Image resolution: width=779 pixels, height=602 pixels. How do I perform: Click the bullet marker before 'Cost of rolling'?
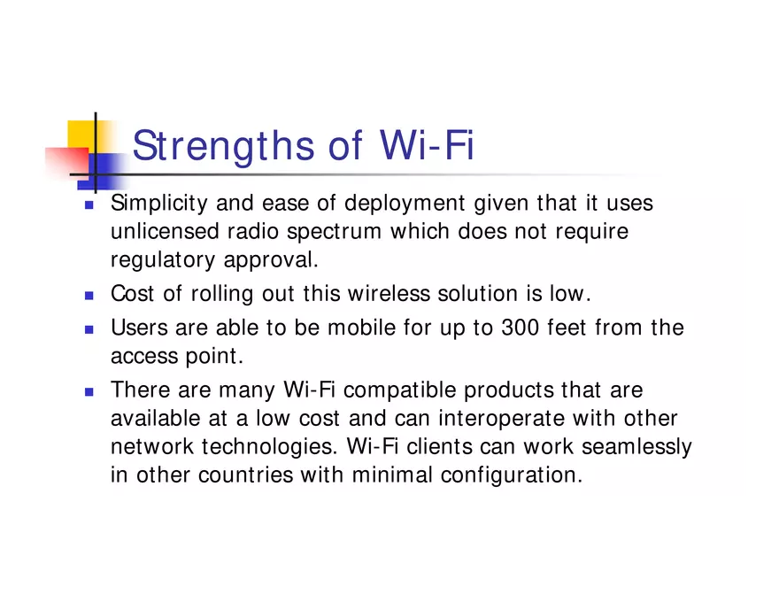point(89,295)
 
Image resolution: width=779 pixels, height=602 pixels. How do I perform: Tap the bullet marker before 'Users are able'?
point(89,329)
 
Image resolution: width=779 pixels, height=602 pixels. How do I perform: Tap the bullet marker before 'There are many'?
point(89,391)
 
